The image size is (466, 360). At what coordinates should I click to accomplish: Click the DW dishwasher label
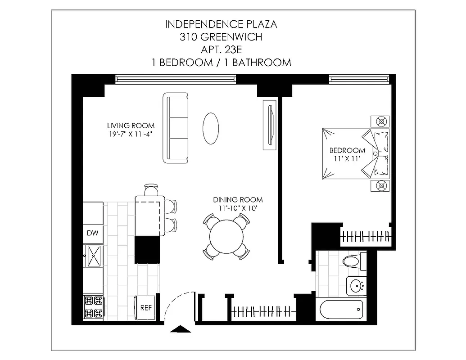(x=92, y=233)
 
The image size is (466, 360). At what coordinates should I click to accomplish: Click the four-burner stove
(x=94, y=307)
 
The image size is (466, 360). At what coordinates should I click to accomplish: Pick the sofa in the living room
(x=176, y=128)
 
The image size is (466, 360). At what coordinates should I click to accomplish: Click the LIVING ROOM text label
(x=131, y=126)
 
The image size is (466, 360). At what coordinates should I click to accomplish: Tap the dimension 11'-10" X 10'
(x=238, y=208)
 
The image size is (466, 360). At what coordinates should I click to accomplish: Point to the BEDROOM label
(x=347, y=150)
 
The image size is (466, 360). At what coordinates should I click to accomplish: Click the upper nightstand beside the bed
(x=382, y=121)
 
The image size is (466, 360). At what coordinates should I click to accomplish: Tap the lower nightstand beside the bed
(x=382, y=185)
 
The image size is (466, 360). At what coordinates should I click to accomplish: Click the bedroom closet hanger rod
(x=366, y=236)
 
